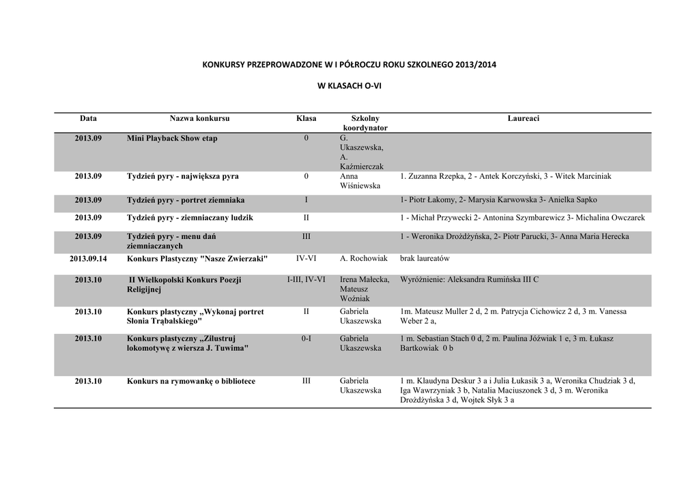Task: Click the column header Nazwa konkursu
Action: click(x=199, y=119)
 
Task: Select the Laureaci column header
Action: click(x=523, y=119)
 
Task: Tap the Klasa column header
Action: click(x=306, y=119)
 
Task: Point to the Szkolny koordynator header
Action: click(x=365, y=123)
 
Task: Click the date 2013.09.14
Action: click(x=88, y=259)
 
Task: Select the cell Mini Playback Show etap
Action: click(x=172, y=139)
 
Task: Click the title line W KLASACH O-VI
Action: click(x=349, y=87)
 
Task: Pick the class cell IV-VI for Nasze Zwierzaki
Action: click(x=306, y=259)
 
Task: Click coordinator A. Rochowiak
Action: click(x=363, y=259)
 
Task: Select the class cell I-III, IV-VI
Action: click(x=306, y=280)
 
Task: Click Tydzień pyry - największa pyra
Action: click(x=183, y=176)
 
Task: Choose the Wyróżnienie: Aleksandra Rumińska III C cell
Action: click(x=469, y=280)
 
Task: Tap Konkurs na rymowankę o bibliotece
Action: click(x=191, y=381)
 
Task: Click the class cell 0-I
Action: click(x=306, y=339)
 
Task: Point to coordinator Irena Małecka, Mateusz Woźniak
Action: click(x=365, y=289)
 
